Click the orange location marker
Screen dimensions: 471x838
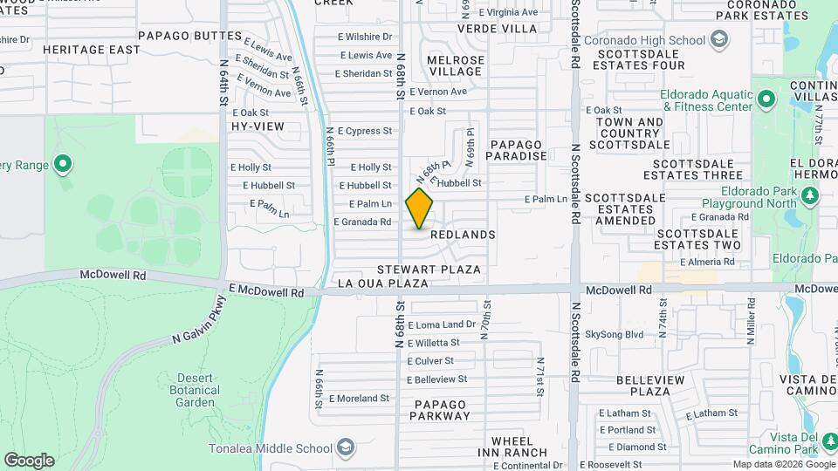420,208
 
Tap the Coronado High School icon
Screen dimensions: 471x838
718,39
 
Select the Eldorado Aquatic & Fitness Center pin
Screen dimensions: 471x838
766,99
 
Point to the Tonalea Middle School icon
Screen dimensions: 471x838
346,448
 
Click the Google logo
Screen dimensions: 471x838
29,460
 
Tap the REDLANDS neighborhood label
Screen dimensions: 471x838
462,235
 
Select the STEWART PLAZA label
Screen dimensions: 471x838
429,270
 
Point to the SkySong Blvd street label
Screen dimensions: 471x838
614,334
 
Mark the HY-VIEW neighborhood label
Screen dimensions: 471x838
258,126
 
